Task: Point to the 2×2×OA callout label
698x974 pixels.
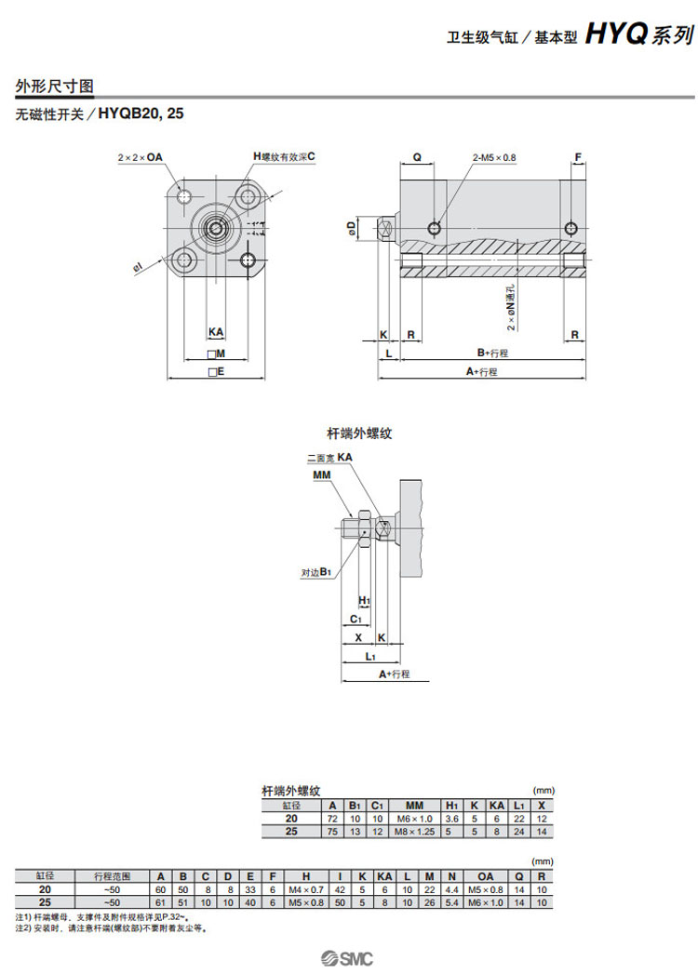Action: click(140, 157)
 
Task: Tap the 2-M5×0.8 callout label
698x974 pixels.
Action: click(493, 158)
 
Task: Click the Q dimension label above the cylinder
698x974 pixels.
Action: click(417, 158)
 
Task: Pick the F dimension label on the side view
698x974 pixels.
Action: click(578, 158)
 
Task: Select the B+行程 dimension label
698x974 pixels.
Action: click(492, 354)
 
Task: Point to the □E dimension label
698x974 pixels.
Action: click(216, 371)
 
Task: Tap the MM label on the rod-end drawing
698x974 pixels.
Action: click(322, 475)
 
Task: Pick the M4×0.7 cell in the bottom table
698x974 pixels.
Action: click(306, 889)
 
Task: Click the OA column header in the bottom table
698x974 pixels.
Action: click(486, 876)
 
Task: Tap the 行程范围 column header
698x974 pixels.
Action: click(113, 876)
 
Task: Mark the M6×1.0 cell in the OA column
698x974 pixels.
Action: click(486, 902)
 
